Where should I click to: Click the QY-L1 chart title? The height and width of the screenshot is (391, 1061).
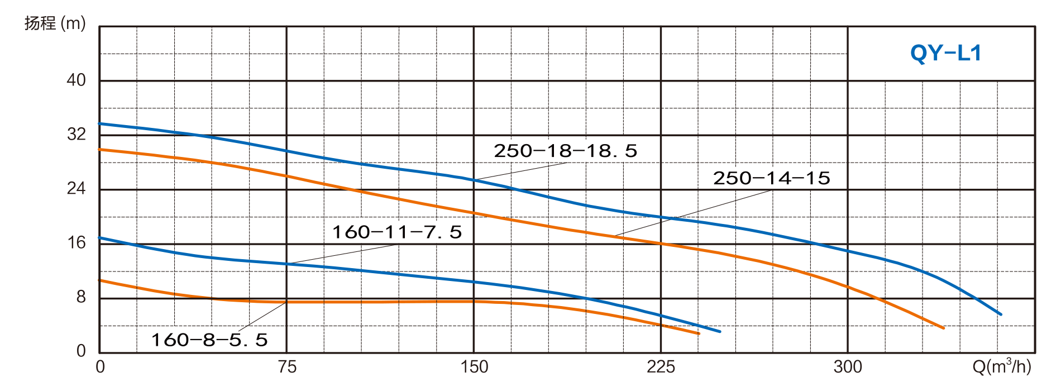[945, 54]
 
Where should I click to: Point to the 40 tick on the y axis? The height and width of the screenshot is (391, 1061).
[76, 80]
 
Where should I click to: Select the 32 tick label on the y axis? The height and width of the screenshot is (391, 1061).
[76, 134]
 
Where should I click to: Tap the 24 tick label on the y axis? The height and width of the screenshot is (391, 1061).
[76, 188]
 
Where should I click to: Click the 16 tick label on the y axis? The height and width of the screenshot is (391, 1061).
[76, 242]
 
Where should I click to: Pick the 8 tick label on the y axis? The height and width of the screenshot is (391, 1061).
[81, 297]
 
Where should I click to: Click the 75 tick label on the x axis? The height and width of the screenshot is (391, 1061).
[286, 367]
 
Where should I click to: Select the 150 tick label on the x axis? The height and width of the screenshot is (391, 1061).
[474, 367]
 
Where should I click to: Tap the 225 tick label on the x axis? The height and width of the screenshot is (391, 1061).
[661, 367]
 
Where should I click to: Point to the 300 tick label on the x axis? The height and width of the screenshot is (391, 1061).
[848, 367]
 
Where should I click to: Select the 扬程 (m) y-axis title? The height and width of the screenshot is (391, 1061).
[55, 23]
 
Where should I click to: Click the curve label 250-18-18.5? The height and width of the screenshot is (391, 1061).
[565, 151]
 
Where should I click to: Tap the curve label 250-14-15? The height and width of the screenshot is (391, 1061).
[771, 178]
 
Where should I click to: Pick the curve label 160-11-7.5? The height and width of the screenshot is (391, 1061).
[397, 232]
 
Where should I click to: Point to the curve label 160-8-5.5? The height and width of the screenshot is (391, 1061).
[209, 340]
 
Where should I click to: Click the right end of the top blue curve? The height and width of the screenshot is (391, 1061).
[1001, 314]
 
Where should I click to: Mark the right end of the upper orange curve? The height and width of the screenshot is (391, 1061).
[944, 328]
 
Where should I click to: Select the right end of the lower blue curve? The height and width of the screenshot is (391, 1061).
[720, 332]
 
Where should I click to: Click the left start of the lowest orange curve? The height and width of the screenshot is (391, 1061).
[100, 280]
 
